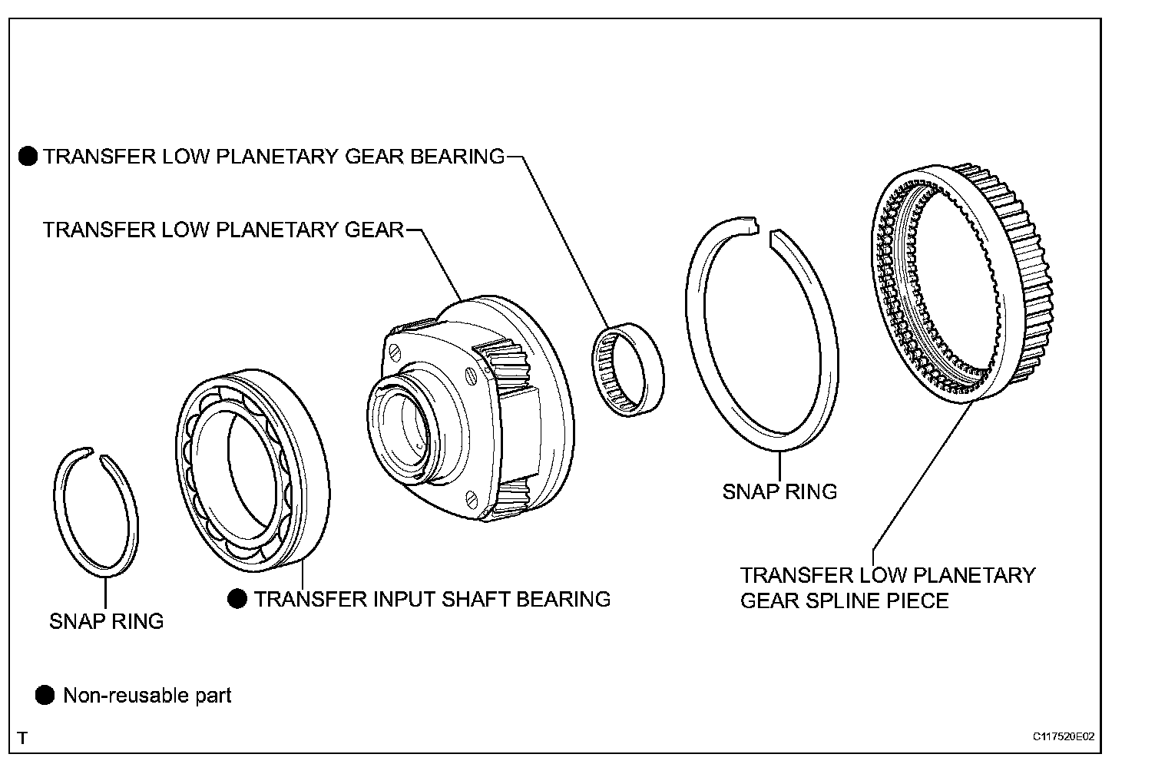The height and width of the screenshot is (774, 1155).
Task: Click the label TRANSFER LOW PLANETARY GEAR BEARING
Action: coord(273,157)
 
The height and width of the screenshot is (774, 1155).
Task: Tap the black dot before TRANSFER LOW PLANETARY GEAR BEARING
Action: coord(28,157)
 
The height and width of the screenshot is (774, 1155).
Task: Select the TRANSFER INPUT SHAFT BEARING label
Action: coord(432,598)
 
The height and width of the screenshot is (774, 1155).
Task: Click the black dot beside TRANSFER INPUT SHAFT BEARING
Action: coord(237,598)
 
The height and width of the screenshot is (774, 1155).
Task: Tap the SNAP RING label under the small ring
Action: coord(107,621)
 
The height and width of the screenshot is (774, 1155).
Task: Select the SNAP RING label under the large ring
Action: coord(779,491)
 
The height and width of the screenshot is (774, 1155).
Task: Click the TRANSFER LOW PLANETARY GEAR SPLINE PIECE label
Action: coord(887,587)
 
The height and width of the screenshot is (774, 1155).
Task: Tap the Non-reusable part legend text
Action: coord(147,696)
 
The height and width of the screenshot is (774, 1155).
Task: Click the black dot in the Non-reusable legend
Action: coord(45,696)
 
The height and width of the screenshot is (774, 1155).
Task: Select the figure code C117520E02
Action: coord(1063,736)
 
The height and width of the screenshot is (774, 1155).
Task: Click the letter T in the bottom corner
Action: coord(23,738)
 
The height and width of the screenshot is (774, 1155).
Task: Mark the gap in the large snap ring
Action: coord(765,231)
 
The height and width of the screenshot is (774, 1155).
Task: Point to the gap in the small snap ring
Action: coord(97,455)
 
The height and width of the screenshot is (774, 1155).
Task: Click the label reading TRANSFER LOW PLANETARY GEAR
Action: coord(223,230)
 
